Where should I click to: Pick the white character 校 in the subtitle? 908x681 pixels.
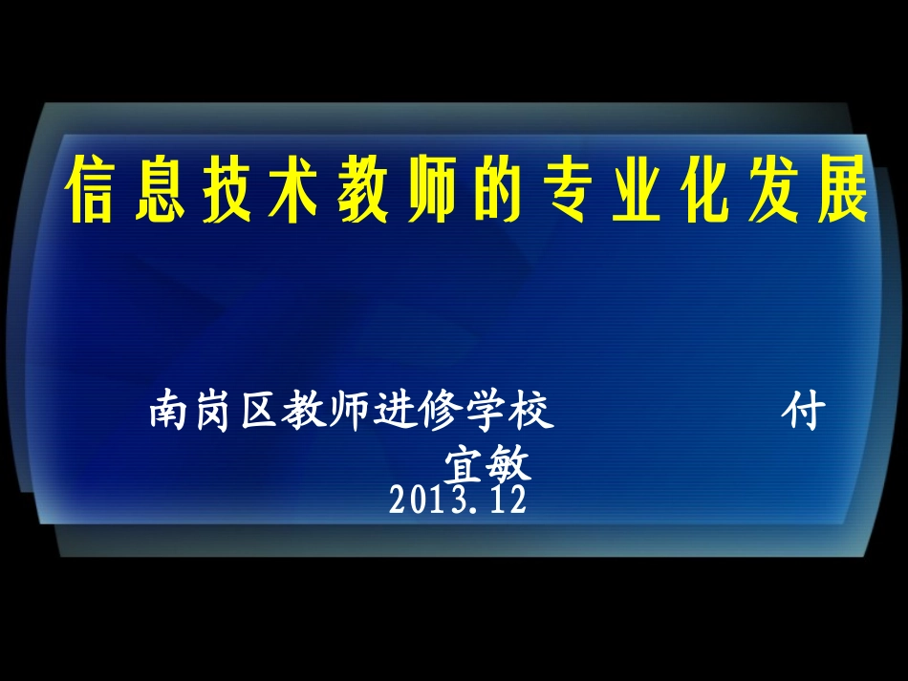click(x=532, y=413)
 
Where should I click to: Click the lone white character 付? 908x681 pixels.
click(x=802, y=413)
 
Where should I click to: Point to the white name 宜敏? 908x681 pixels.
click(x=487, y=465)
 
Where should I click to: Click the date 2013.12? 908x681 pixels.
click(x=458, y=500)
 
